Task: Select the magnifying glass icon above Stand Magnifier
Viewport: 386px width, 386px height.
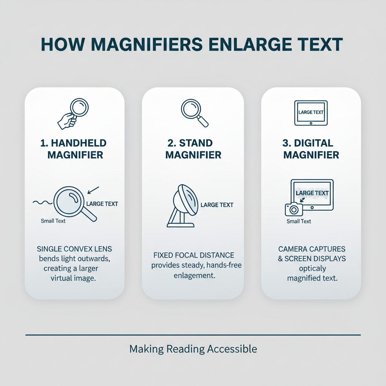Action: (x=194, y=112)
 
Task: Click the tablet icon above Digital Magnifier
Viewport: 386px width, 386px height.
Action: (x=311, y=113)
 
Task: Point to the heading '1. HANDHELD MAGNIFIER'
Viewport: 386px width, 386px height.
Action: (x=74, y=149)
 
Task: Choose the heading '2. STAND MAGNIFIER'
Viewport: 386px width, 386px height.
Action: (x=193, y=149)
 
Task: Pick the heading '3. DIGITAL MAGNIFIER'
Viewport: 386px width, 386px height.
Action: (x=311, y=149)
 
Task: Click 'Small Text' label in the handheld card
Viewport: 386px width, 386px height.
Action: (x=53, y=221)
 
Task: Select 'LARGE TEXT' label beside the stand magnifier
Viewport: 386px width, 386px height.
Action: (x=217, y=205)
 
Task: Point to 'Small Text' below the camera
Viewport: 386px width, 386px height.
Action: (x=299, y=221)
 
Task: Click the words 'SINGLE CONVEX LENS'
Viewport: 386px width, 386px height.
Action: (x=74, y=249)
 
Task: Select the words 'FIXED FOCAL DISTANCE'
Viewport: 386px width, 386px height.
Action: (x=194, y=256)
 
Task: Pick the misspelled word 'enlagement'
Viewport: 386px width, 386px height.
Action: (x=194, y=275)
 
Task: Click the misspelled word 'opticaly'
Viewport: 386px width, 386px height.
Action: (x=312, y=269)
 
